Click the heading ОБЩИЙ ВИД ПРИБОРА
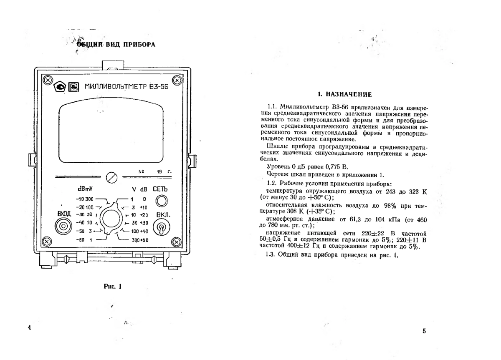(115, 45)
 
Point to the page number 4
(30, 328)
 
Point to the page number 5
(424, 332)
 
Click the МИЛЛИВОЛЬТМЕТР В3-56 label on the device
(124, 88)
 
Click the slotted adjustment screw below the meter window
(111, 177)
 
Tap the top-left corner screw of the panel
(48, 80)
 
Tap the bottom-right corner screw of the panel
(177, 241)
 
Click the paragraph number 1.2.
(271, 183)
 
